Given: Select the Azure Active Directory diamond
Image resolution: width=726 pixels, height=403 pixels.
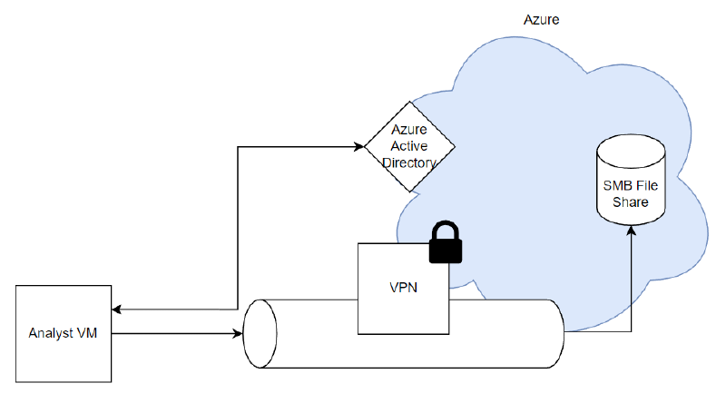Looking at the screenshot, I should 409,147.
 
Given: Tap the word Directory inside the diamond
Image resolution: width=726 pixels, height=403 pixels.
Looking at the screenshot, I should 409,163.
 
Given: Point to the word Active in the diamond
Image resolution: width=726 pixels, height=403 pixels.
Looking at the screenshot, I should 409,147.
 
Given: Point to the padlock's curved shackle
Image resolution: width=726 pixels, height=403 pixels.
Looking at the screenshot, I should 445,229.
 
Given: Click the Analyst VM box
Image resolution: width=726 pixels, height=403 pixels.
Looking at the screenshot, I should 64,333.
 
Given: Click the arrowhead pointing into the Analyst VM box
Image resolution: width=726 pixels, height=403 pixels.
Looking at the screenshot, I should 116,310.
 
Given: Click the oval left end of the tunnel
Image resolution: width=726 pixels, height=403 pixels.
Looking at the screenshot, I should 260,333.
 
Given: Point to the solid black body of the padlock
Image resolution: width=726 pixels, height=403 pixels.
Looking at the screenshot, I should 445,250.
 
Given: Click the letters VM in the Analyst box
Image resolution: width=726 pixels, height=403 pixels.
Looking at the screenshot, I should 87,333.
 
